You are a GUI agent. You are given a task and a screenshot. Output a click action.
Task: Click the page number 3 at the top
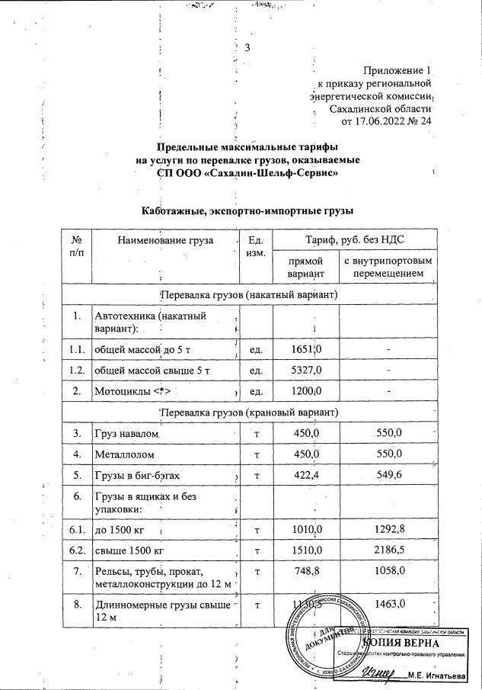click(x=247, y=48)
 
